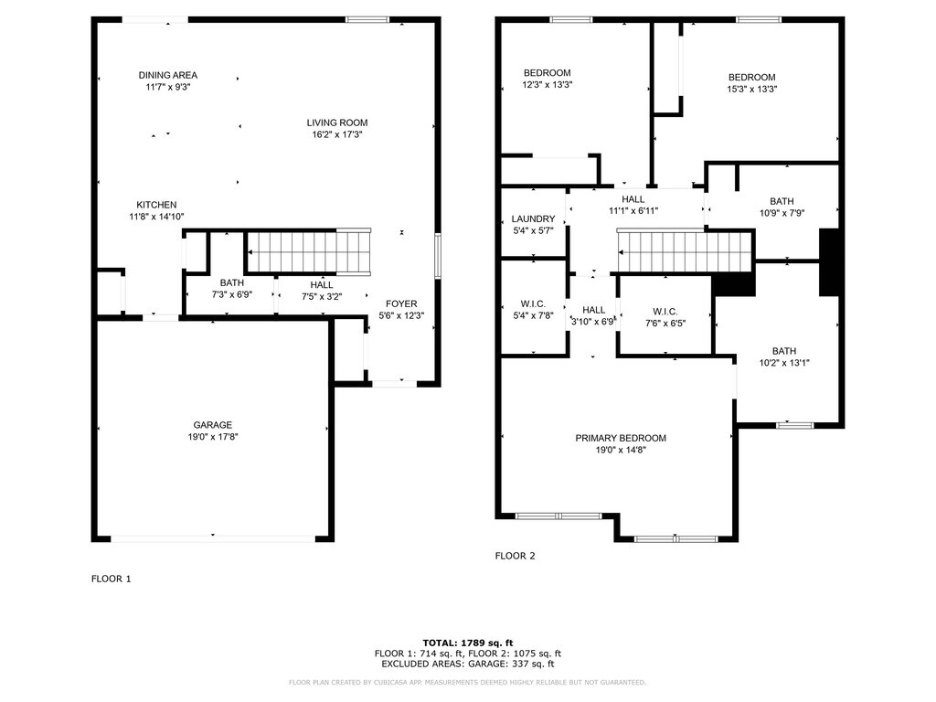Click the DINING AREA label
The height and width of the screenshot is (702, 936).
pos(168,75)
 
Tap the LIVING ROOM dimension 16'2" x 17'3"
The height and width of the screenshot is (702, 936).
pos(337,135)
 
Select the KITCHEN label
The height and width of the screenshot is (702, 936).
pos(156,205)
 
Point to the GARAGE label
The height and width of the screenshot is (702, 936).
pos(212,425)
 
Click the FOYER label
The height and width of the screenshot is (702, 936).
pos(401,303)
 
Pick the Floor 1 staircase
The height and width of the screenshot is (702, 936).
pos(309,251)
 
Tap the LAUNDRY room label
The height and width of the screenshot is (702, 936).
pos(533,219)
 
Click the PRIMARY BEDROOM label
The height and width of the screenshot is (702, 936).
pos(621,438)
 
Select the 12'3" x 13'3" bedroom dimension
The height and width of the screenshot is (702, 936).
pos(548,85)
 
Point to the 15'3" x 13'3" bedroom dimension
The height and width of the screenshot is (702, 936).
pos(751,90)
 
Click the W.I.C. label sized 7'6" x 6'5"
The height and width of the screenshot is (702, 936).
pos(665,312)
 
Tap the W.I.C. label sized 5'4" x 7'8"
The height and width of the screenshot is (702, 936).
pos(533,303)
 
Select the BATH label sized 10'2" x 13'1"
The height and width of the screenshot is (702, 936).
pos(783,351)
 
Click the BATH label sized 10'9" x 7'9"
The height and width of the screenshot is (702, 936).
pos(782,201)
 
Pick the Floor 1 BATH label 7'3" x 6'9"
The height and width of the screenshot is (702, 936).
pos(231,282)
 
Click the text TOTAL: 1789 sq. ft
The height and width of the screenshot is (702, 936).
pos(468,643)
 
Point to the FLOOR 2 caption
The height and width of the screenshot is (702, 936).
pos(516,556)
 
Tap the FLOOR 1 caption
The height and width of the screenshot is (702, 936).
pos(111,579)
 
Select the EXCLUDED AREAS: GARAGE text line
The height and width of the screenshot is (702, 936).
pos(468,664)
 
